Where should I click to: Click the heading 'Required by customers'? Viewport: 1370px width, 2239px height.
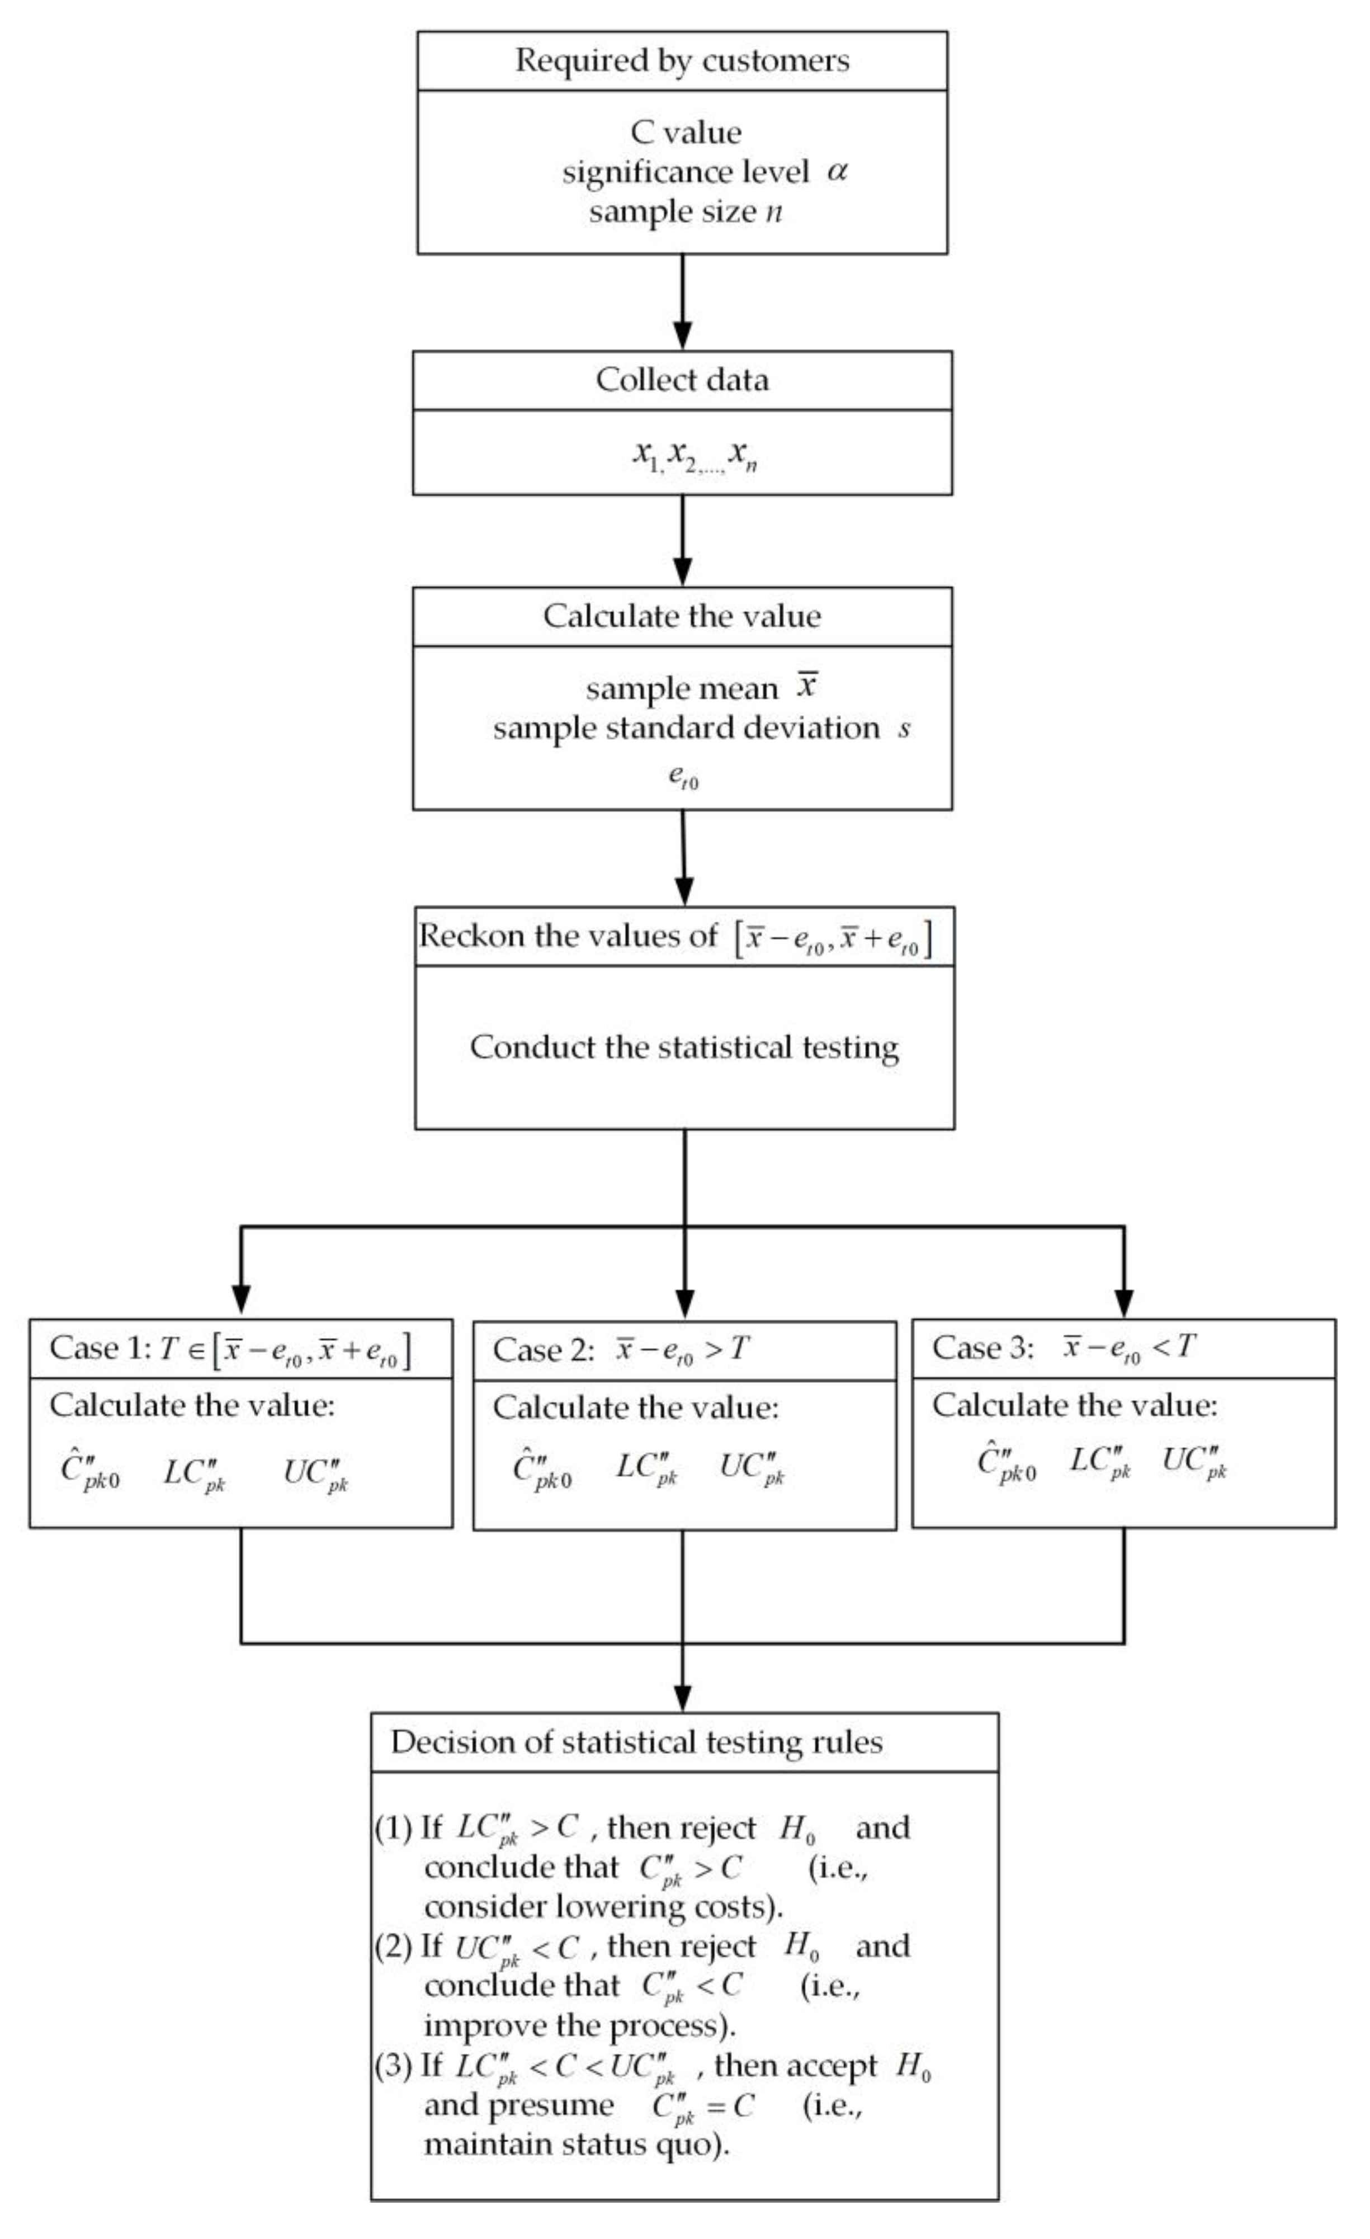(x=682, y=61)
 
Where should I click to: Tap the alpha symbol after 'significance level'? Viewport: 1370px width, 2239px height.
(x=837, y=172)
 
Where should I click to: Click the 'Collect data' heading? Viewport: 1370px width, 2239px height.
(x=682, y=380)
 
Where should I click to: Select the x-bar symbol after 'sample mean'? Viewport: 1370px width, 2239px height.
(x=807, y=686)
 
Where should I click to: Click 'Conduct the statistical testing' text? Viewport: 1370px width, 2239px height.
(x=684, y=1047)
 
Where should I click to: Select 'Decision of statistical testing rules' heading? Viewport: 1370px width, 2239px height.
(x=636, y=1742)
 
